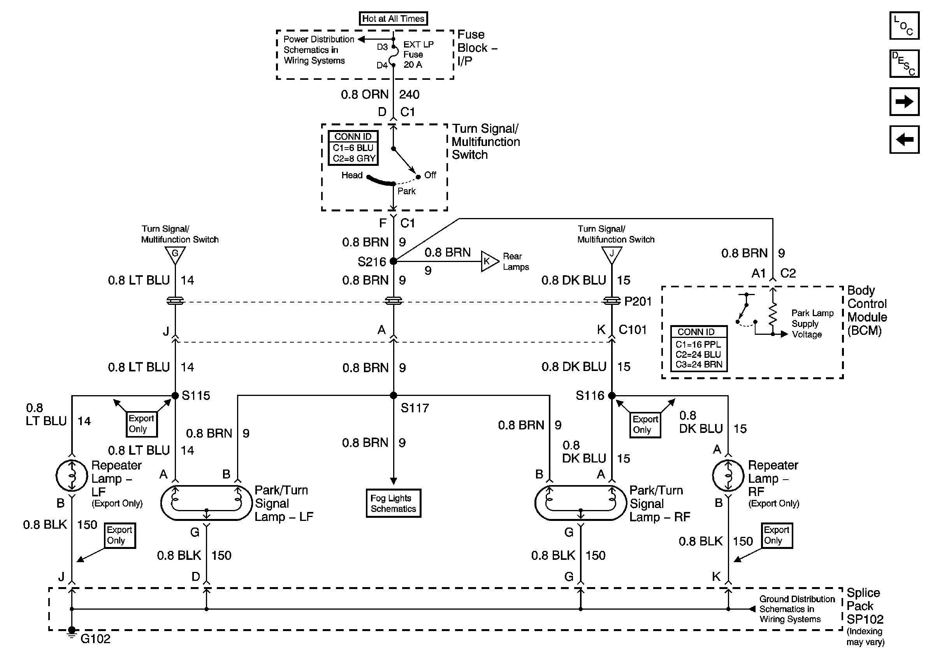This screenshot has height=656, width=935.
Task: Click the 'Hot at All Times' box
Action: [x=393, y=19]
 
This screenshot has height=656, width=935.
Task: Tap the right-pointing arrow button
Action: [x=904, y=101]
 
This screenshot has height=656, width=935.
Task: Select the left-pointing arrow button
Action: [x=904, y=140]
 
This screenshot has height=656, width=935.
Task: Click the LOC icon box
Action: [x=904, y=26]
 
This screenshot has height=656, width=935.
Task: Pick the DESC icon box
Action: [x=904, y=63]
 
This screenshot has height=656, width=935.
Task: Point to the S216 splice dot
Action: [x=394, y=261]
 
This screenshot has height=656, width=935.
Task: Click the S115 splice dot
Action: [x=175, y=396]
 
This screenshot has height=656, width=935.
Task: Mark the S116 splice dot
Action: [x=612, y=396]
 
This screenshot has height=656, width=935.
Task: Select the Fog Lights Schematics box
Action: [x=394, y=503]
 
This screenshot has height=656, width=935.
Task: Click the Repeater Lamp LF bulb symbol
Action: [x=72, y=475]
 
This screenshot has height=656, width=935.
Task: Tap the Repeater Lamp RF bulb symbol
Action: [x=728, y=475]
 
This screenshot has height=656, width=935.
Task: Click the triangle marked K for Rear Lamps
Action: [x=488, y=261]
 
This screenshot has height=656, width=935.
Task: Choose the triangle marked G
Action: [x=175, y=255]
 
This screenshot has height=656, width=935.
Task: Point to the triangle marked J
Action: [x=612, y=255]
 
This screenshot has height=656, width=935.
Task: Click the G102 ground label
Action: [x=95, y=638]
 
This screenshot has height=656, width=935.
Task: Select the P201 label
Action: [x=638, y=301]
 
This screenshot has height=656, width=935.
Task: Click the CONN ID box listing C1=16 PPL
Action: [x=699, y=348]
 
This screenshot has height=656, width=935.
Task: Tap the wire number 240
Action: [x=409, y=95]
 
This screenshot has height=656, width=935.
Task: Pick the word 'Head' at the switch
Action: [x=352, y=175]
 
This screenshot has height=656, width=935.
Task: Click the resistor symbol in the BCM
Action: [x=773, y=313]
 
